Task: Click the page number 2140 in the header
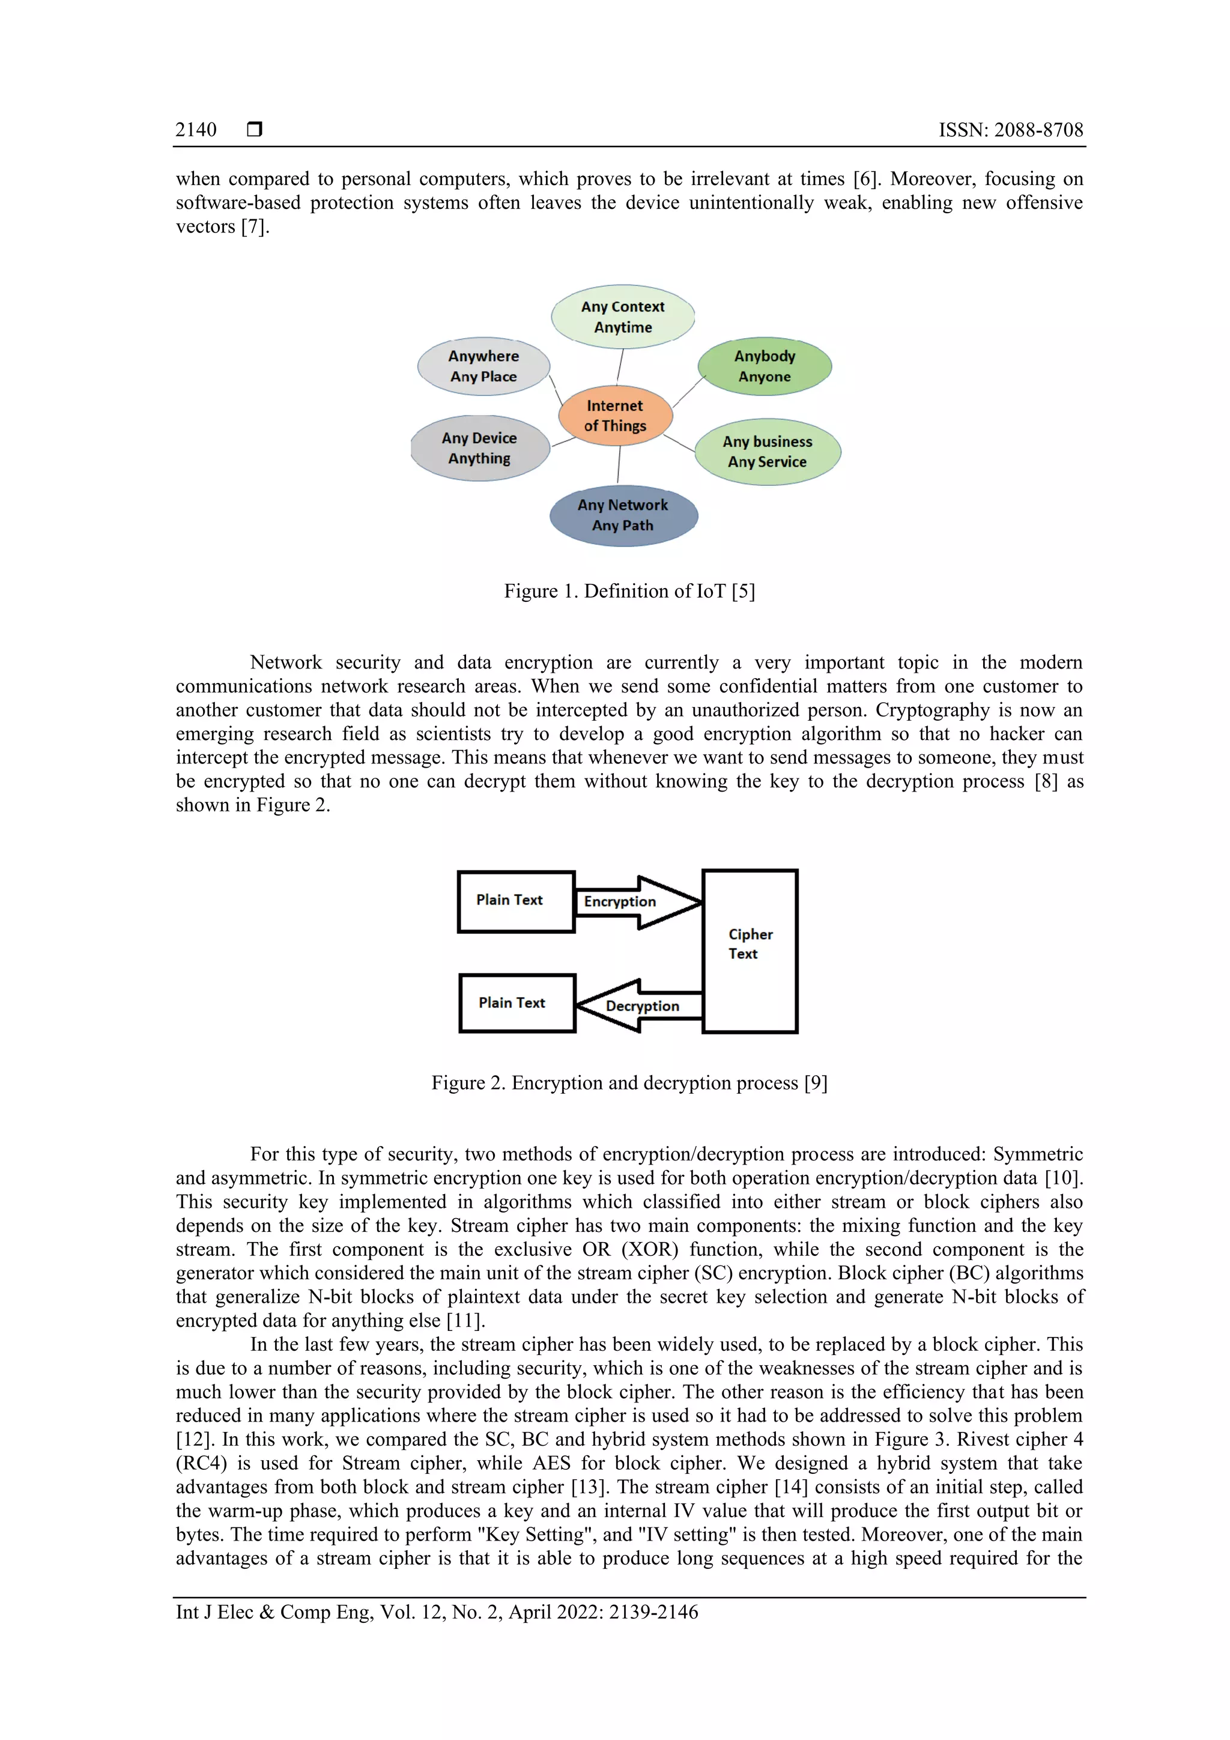[x=196, y=130]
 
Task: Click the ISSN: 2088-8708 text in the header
[x=1010, y=130]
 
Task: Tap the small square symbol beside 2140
[x=255, y=130]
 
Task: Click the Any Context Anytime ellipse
[x=622, y=317]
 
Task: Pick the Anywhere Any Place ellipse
[x=483, y=366]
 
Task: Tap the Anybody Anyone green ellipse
[x=764, y=366]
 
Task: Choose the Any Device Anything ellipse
[x=480, y=448]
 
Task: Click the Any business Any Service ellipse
[x=767, y=452]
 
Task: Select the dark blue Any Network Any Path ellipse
[x=622, y=515]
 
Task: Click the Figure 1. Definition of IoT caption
[x=629, y=591]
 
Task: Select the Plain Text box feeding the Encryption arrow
[x=515, y=901]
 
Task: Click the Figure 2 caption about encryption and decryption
[x=629, y=1083]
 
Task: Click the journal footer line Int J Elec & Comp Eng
[x=437, y=1612]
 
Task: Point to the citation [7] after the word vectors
[x=255, y=226]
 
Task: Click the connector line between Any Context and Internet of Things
[x=620, y=365]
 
